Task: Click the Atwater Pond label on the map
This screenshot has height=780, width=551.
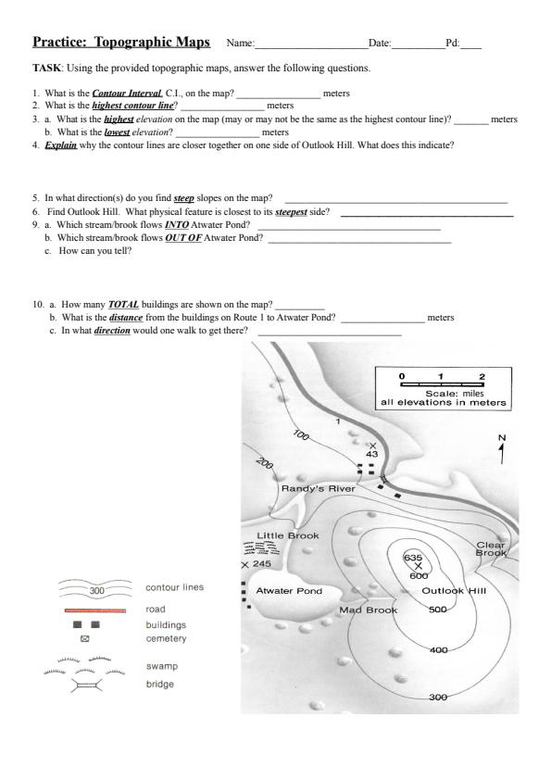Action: coord(289,591)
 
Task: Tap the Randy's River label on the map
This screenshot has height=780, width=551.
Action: coord(319,488)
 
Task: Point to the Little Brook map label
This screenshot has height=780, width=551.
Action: coord(287,535)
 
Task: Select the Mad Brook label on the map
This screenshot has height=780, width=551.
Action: coord(369,610)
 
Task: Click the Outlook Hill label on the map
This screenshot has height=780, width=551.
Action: coord(454,591)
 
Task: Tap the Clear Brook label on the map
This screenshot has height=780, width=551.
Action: coord(491,548)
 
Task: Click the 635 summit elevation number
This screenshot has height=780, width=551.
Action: coord(413,558)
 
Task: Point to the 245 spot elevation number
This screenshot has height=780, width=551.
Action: coord(261,563)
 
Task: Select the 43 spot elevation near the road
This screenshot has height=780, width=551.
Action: coord(372,454)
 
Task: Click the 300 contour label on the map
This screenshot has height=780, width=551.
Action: coord(438,697)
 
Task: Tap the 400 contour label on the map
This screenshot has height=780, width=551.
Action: coord(439,649)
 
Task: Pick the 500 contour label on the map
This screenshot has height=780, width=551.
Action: coord(438,610)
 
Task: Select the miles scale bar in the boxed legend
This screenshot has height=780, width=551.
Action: coord(442,384)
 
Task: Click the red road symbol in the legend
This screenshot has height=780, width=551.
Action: coord(95,610)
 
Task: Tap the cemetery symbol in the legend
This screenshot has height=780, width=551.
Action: coord(84,638)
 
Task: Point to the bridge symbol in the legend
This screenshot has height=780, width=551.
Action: coord(86,686)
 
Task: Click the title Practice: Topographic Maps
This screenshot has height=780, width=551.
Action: coord(121,42)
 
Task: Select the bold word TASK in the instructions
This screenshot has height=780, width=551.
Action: coord(47,69)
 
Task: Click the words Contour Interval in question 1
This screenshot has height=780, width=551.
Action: coord(127,93)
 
